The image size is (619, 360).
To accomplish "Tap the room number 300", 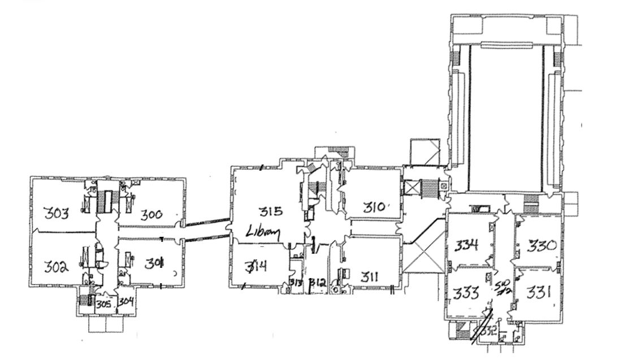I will coord(151,214).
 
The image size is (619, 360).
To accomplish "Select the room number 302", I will coord(57,266).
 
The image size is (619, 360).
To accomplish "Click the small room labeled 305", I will coord(103,303).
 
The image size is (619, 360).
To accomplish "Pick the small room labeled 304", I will coord(125,301).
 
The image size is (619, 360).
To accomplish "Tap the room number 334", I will coord(469,245).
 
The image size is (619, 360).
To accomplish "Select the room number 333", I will coord(468,293).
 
